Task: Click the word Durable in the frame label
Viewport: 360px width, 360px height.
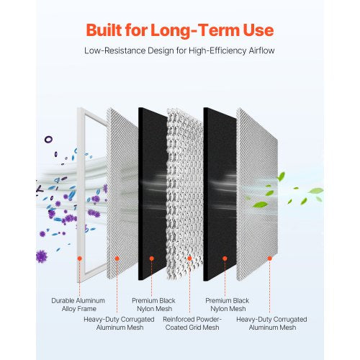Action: point(63,300)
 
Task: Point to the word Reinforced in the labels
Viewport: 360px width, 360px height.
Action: point(182,318)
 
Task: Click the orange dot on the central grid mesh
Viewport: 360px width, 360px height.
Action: point(189,257)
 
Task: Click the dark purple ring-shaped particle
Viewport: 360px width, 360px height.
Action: point(48,139)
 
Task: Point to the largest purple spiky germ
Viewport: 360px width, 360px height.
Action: point(42,255)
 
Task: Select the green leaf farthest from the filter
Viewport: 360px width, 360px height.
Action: point(315,191)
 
